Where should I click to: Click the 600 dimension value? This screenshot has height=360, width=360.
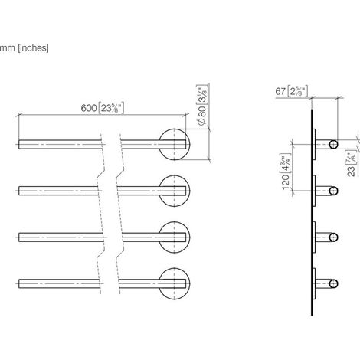tap(89, 108)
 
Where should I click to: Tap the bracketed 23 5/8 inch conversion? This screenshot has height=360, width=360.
tap(111, 108)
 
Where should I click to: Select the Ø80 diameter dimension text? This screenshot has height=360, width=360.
tap(201, 116)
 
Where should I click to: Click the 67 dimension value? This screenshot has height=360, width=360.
tap(280, 91)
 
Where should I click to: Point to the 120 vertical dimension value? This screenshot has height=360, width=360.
tap(286, 182)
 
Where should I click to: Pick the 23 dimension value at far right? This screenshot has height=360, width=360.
tap(352, 171)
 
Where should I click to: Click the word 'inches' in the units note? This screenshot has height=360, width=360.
tap(33, 47)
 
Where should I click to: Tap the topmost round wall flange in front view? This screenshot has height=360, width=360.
tap(175, 144)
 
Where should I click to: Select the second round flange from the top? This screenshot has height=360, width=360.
tap(175, 191)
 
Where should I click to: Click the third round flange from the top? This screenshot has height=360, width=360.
tap(175, 237)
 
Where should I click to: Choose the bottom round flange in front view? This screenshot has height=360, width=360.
tap(175, 283)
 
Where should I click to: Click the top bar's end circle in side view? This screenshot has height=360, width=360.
tap(333, 144)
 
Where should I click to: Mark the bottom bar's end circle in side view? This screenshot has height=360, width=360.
tap(333, 283)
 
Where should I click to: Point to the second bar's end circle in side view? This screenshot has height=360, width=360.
tap(333, 191)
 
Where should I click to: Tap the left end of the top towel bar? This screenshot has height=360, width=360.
tap(19, 144)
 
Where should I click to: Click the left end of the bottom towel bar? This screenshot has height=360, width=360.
tap(19, 283)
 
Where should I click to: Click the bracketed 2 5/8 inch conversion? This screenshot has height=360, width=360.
tap(298, 91)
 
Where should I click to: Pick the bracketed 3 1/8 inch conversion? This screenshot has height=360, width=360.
tap(202, 94)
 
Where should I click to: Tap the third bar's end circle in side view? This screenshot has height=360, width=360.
tap(333, 237)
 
